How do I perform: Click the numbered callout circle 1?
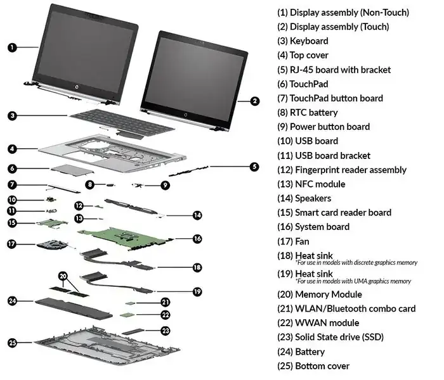13,46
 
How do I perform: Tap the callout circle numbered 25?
13,343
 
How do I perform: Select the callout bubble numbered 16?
197,239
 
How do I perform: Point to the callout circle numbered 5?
254,167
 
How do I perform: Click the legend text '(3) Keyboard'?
303,41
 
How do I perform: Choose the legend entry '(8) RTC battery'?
307,113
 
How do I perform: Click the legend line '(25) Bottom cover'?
313,366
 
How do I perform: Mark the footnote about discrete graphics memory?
353,262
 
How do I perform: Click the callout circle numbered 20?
63,276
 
